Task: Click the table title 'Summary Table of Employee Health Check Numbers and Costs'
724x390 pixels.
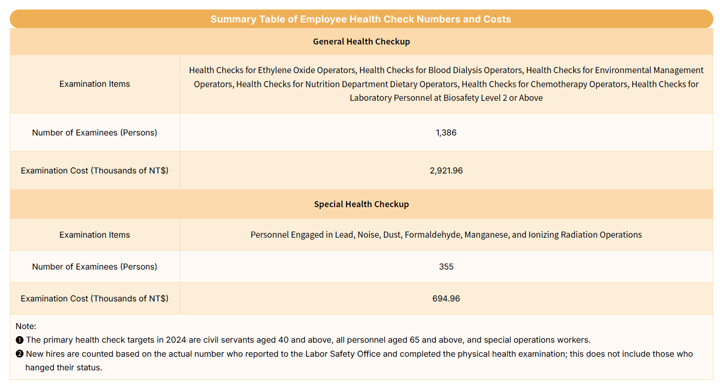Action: click(x=360, y=19)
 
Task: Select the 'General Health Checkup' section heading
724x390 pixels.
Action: click(x=361, y=42)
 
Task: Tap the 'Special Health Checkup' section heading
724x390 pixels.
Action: click(x=361, y=204)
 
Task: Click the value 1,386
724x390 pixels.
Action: click(x=446, y=133)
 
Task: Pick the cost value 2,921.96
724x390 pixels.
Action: click(x=446, y=171)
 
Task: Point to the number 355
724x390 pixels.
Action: click(x=446, y=267)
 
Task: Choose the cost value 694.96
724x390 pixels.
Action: click(x=446, y=299)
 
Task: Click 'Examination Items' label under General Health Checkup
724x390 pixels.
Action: click(x=95, y=84)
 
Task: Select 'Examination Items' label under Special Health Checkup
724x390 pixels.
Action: click(x=95, y=235)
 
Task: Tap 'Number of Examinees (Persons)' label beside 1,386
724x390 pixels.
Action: click(x=95, y=133)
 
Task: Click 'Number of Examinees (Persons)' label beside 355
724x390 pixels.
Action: click(x=95, y=267)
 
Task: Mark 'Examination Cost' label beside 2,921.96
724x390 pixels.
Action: click(x=95, y=171)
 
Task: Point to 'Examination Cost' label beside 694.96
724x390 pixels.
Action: click(x=95, y=299)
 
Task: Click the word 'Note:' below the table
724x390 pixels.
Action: click(x=26, y=326)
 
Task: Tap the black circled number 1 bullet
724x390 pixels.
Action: click(x=20, y=340)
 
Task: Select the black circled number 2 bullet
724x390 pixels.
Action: click(x=20, y=354)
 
